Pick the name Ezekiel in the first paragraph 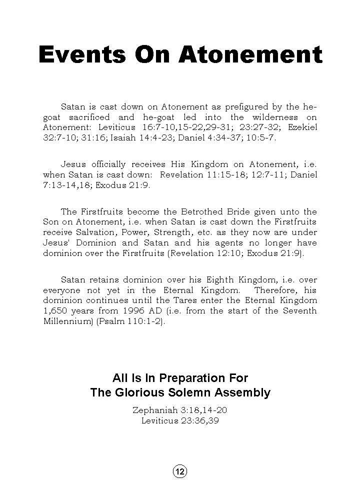(302, 127)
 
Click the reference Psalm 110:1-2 (131, 321)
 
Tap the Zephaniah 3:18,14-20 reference (180, 410)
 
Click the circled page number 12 (180, 471)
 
